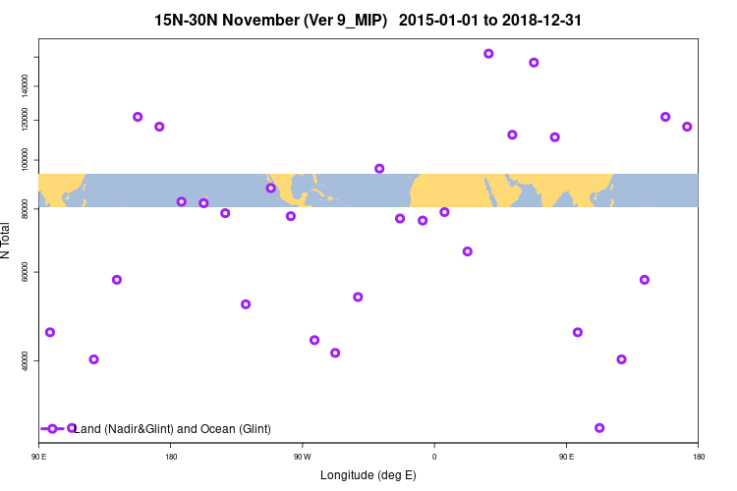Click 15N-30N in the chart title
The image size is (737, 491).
click(191, 20)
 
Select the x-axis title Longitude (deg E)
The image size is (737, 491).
click(368, 475)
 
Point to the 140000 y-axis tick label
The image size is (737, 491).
click(26, 86)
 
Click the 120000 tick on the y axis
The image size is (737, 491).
click(26, 120)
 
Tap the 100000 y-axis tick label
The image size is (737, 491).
click(26, 159)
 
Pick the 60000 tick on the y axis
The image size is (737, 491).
click(26, 272)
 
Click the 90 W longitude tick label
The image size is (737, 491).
click(302, 457)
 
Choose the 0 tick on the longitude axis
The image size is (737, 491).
click(433, 457)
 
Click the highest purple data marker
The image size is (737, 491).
click(488, 53)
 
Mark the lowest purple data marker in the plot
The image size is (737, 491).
click(599, 428)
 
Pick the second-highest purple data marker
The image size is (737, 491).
click(534, 62)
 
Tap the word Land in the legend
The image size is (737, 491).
click(88, 429)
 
